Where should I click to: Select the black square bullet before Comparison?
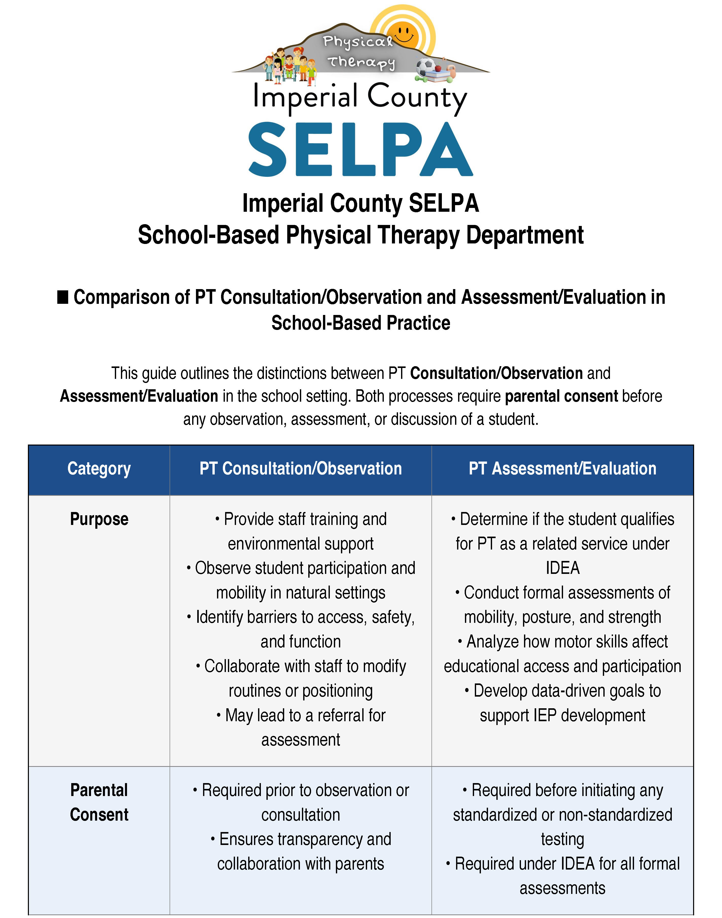coord(63,297)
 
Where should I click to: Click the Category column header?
coord(99,469)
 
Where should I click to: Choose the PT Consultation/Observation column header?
coord(301,469)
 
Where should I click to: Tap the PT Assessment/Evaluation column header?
coord(562,469)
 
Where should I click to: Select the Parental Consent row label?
coord(99,802)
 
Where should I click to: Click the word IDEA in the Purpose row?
coord(562,568)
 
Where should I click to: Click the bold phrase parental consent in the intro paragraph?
coord(561,396)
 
